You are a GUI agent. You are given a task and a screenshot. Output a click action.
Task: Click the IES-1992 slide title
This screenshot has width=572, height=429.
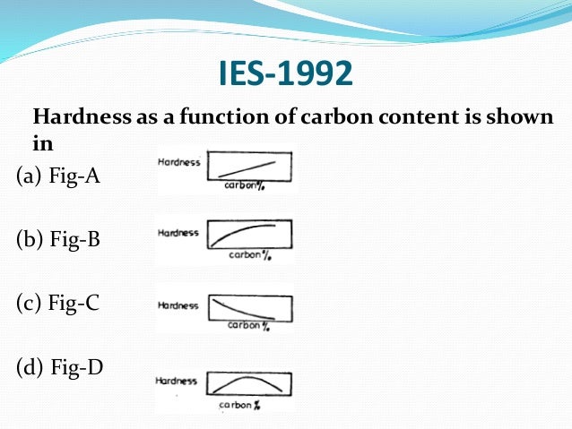[x=286, y=74]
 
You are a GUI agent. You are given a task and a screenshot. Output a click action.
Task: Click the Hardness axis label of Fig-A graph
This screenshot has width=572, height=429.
[x=179, y=163]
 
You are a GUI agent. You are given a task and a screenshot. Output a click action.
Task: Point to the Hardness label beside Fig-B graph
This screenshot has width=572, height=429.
[x=178, y=232]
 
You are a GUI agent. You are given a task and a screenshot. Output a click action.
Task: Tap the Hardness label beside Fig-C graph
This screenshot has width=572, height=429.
[x=178, y=305]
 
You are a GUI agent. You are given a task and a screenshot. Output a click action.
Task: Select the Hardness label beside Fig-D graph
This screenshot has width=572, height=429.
[x=177, y=381]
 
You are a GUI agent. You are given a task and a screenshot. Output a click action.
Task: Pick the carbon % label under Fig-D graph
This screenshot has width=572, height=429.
[x=239, y=406]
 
